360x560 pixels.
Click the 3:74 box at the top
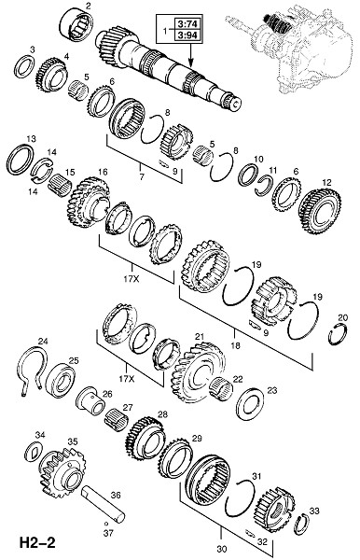point(187,24)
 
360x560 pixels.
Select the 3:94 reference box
point(187,35)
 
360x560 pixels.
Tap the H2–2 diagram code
point(37,543)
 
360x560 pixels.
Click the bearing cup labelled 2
point(77,26)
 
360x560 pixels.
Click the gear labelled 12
point(320,211)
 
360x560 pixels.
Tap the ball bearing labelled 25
point(61,381)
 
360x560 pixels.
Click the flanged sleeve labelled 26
point(90,401)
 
